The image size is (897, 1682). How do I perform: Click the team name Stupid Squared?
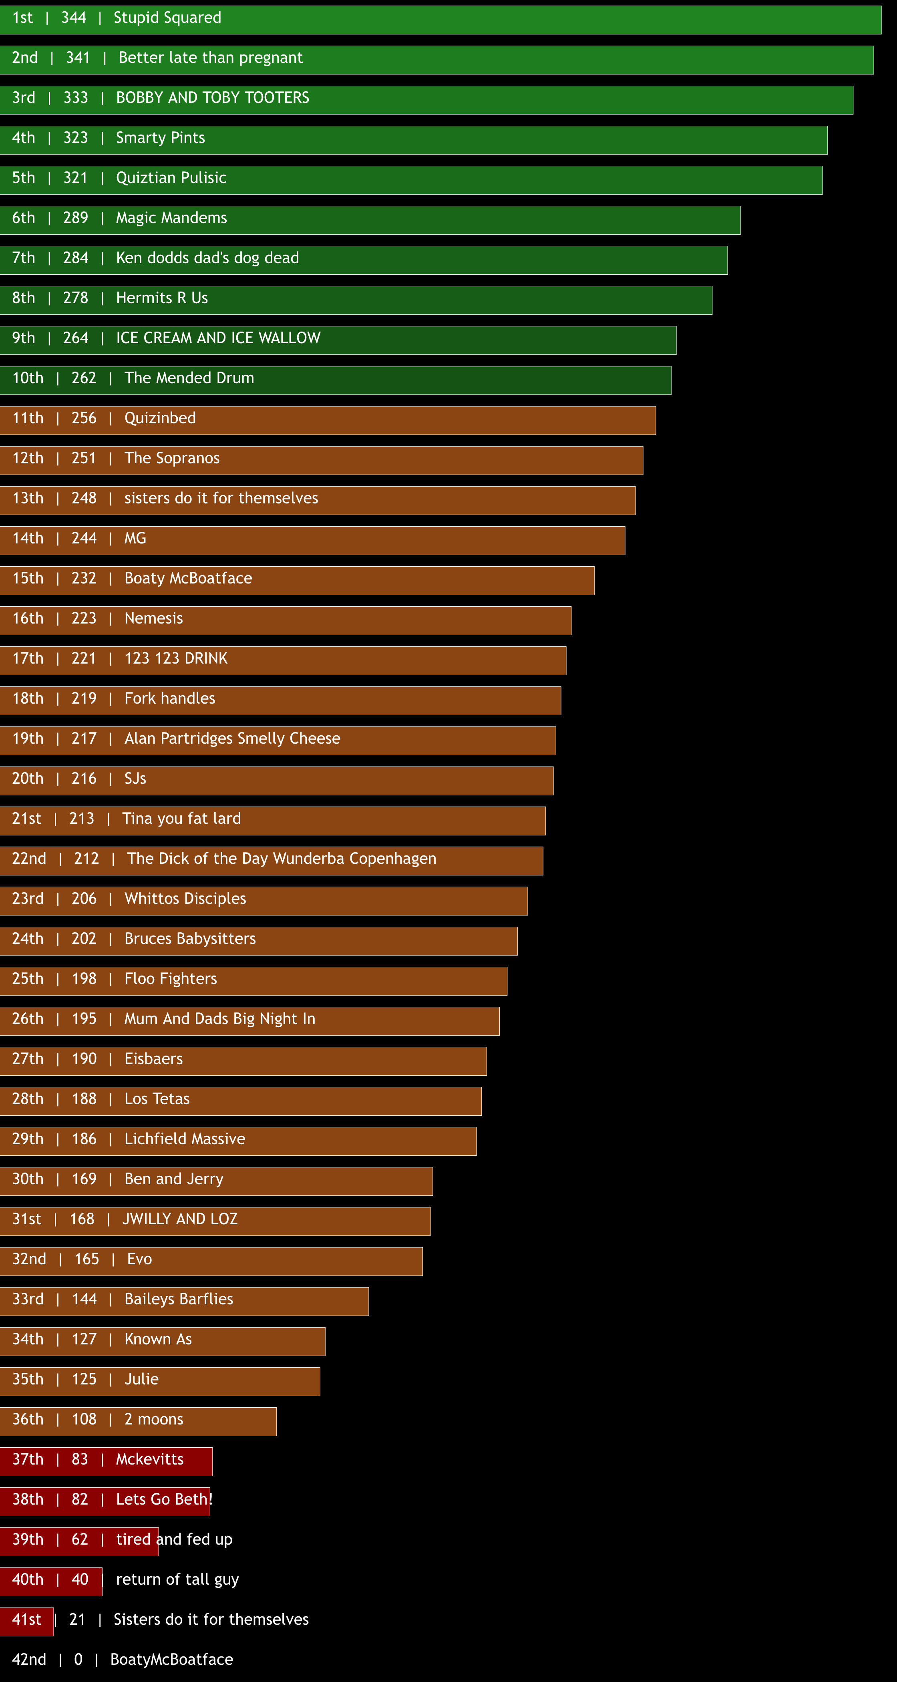point(167,18)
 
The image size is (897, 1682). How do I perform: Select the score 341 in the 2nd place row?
point(78,57)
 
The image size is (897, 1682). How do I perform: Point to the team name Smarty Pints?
point(160,138)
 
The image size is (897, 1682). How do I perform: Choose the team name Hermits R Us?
point(161,298)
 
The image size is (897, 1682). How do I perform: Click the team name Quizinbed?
point(160,418)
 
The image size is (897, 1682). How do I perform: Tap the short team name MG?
point(135,538)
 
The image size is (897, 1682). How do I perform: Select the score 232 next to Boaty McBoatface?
point(84,579)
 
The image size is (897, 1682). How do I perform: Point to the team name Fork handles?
point(170,699)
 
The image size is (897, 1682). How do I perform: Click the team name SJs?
point(135,778)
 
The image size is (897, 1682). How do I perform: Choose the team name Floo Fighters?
point(171,979)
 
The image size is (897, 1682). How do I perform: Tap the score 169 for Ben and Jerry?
point(84,1179)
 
